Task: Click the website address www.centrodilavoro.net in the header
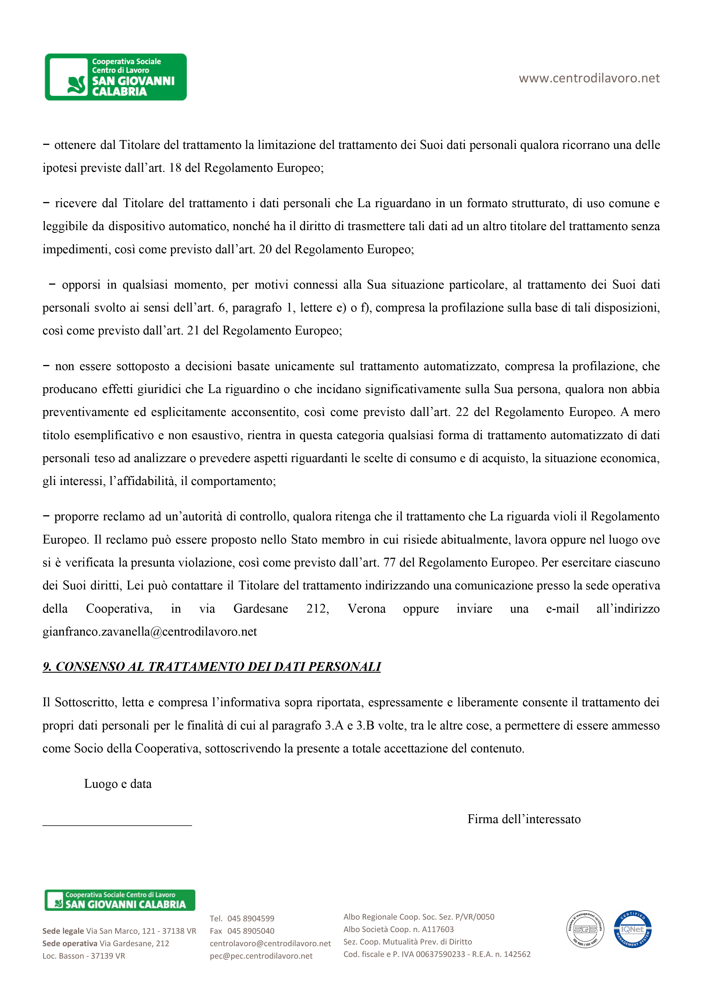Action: (x=589, y=78)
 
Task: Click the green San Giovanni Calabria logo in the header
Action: (x=116, y=77)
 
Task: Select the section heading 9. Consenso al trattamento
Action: (x=211, y=666)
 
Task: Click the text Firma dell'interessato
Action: (x=524, y=819)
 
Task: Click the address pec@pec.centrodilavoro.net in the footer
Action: (x=261, y=956)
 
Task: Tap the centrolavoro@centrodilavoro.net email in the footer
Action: (x=270, y=943)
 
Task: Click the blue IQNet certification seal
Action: (x=633, y=929)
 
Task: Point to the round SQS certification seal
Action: (x=585, y=929)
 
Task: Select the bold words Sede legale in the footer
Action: (x=63, y=931)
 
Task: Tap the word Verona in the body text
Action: (x=366, y=609)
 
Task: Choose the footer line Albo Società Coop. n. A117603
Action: (x=398, y=929)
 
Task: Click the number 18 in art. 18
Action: (x=175, y=168)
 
